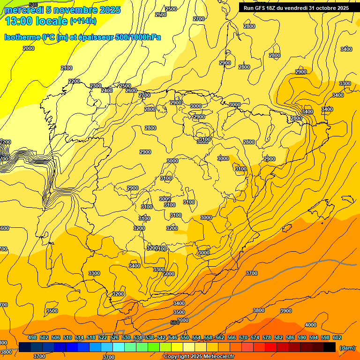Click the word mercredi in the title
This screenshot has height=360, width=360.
click(x=23, y=10)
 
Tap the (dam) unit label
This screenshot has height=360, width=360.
click(x=346, y=348)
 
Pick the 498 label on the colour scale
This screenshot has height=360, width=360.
click(x=32, y=338)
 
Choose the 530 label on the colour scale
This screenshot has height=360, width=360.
click(x=126, y=338)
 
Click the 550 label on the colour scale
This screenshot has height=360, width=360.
click(x=185, y=338)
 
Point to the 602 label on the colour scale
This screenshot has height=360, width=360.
click(x=337, y=338)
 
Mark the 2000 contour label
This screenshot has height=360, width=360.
click(x=29, y=48)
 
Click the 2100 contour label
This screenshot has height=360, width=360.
click(x=67, y=68)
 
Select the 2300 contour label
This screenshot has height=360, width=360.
click(x=96, y=86)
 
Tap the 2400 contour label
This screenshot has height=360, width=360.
click(x=107, y=90)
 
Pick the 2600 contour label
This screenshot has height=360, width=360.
click(x=131, y=90)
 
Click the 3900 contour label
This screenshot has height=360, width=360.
click(x=286, y=311)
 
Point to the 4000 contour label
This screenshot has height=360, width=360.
click(x=310, y=325)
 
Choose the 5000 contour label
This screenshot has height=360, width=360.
click(x=169, y=274)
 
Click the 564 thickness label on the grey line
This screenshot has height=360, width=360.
click(x=175, y=322)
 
